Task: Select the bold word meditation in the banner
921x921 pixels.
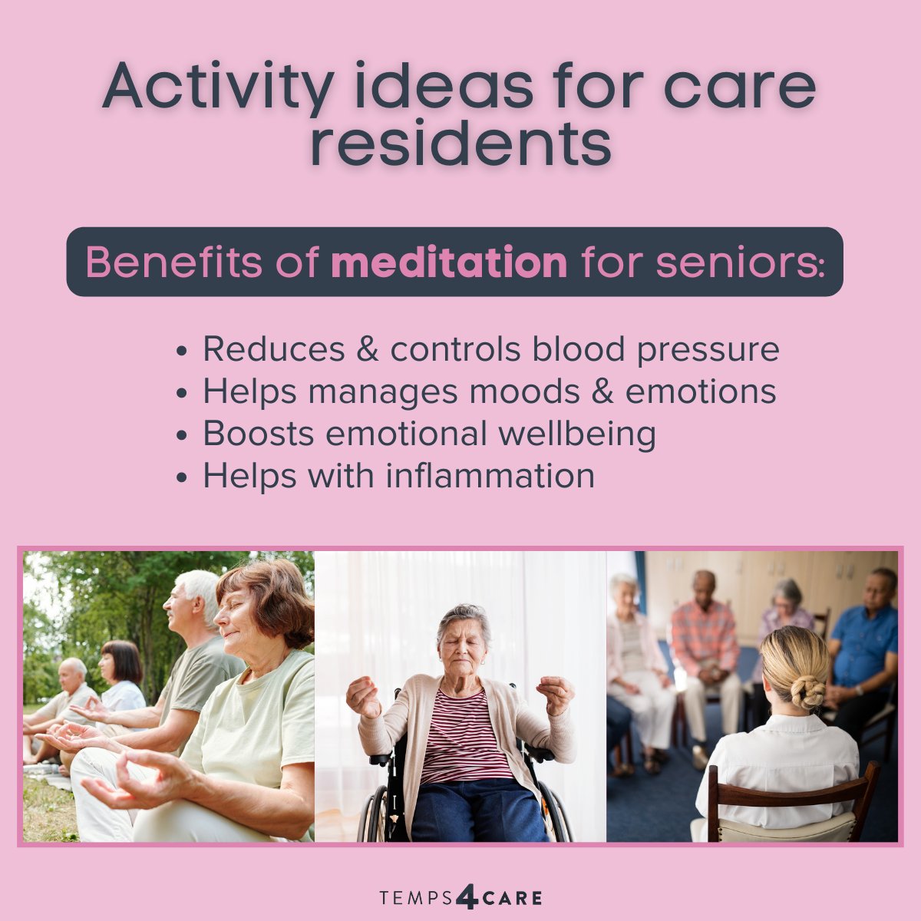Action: coord(449,262)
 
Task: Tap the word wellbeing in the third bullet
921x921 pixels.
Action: coord(577,434)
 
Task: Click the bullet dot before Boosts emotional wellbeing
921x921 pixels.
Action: coord(182,436)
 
